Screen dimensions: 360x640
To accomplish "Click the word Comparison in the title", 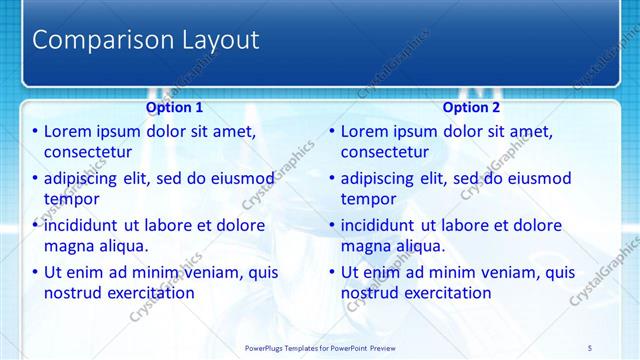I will pos(96,41).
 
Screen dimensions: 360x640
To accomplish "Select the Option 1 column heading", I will pos(174,107).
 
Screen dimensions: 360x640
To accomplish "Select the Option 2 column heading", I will pos(471,107).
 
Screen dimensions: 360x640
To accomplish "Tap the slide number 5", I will pos(591,347).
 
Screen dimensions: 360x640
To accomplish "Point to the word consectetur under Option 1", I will pos(88,152).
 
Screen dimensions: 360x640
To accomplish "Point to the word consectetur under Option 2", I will pos(385,152).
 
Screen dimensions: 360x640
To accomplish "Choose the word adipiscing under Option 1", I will pos(85,179).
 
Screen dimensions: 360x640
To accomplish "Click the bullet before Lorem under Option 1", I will pos(36,132).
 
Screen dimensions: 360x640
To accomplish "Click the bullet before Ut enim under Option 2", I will pos(333,272).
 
